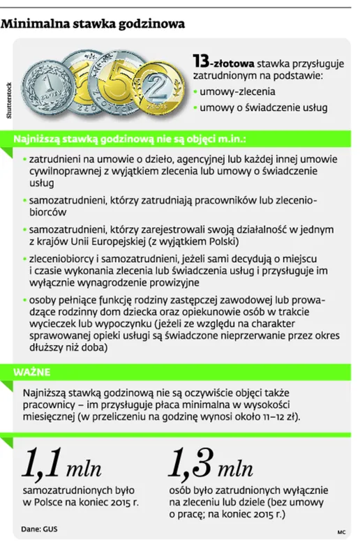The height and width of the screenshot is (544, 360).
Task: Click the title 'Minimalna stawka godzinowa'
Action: pos(93,24)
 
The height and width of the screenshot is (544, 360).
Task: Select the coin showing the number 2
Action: pos(158,91)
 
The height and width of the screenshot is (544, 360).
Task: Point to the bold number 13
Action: pos(202,63)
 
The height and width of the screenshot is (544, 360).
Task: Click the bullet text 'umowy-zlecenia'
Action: pos(237,91)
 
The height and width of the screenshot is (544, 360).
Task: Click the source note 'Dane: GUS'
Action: pos(40,529)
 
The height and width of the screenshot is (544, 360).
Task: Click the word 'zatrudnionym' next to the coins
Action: pos(225,77)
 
